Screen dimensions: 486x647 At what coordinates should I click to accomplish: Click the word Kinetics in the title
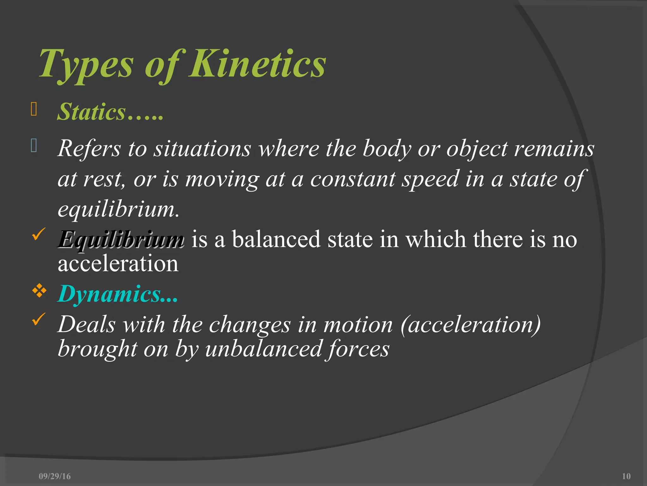click(x=257, y=64)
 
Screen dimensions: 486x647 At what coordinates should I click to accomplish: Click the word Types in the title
click(x=86, y=64)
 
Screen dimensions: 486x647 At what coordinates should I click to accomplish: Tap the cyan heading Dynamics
click(x=109, y=294)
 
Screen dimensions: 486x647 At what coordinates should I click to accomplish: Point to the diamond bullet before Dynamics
click(x=39, y=290)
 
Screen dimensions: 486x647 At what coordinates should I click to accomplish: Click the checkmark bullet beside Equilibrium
click(x=39, y=234)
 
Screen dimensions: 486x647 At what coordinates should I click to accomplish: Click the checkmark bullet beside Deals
click(x=39, y=319)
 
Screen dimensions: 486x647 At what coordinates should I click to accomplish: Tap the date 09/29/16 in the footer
click(x=55, y=476)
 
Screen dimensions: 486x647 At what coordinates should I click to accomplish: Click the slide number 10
click(x=626, y=476)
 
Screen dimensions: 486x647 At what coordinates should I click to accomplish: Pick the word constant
click(x=353, y=179)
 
